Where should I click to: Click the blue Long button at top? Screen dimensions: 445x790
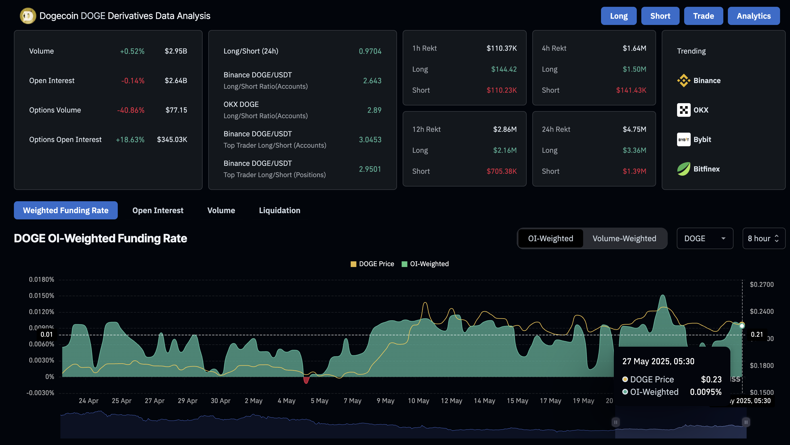point(618,16)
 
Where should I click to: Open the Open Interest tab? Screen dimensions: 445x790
point(158,210)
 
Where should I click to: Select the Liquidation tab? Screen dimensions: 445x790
point(280,210)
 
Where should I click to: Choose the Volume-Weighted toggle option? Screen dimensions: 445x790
point(624,238)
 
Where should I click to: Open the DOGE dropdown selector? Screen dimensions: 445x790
point(704,238)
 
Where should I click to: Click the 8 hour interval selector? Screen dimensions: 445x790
point(763,238)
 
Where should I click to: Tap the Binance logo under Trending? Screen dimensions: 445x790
point(683,80)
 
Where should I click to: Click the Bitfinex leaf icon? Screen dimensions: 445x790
point(683,169)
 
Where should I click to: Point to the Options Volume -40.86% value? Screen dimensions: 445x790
point(131,110)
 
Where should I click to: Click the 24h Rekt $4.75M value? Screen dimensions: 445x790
point(634,129)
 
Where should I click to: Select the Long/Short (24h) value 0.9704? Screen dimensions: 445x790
point(370,51)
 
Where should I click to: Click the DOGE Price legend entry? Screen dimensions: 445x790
point(372,264)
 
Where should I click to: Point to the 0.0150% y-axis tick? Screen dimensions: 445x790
point(41,296)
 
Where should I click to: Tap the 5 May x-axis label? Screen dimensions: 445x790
point(319,400)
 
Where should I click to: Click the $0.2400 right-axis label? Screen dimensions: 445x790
point(761,311)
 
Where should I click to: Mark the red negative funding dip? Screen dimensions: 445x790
point(306,380)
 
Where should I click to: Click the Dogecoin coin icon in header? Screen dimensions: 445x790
point(28,16)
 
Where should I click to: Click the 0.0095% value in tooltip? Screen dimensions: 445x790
point(705,392)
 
